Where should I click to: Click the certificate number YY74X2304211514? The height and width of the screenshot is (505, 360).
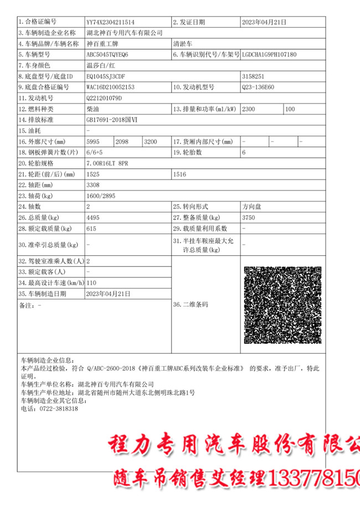[x=111, y=23]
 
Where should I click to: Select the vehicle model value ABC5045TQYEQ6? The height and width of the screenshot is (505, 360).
[x=107, y=55]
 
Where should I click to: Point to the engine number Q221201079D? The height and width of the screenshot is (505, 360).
[x=104, y=99]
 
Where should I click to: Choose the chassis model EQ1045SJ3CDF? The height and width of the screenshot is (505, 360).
[x=106, y=76]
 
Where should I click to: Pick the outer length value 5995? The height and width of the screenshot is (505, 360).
[x=92, y=142]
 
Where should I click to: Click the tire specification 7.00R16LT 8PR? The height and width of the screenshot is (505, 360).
[x=108, y=163]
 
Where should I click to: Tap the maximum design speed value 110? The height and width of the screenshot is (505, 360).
[x=91, y=282]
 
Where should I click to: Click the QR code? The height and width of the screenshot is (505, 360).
[x=282, y=305]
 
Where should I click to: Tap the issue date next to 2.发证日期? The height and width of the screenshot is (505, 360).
[x=264, y=23]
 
